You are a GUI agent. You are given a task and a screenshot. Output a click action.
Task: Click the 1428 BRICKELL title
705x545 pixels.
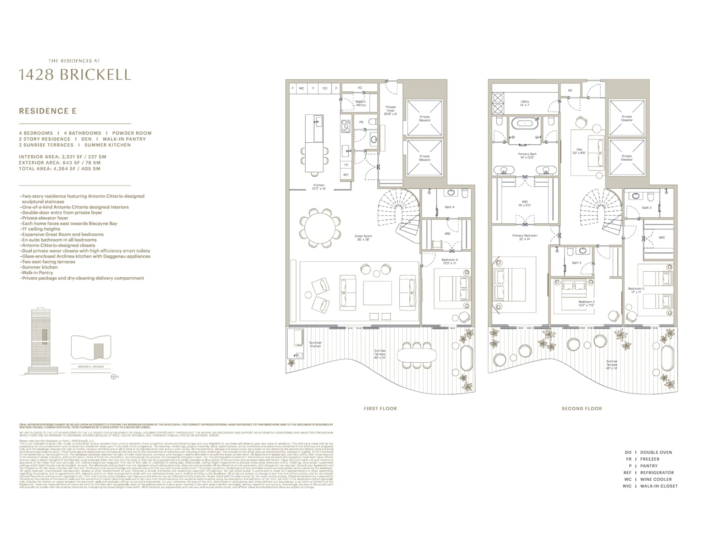click(74, 74)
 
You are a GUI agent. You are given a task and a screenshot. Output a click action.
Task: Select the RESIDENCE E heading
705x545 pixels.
click(47, 111)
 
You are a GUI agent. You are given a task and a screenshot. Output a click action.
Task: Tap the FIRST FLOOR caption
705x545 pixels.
click(380, 408)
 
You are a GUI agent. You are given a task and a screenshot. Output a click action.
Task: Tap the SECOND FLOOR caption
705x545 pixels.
click(582, 408)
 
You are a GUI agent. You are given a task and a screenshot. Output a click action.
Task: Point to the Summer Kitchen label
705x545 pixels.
click(315, 344)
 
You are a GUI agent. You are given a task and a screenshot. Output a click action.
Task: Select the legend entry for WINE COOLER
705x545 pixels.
click(649, 479)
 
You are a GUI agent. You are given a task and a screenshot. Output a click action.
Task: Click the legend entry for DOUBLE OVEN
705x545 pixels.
click(649, 452)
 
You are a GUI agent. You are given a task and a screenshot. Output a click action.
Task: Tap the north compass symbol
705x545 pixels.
click(113, 376)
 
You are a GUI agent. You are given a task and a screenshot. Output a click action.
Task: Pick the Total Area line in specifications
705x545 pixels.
click(60, 169)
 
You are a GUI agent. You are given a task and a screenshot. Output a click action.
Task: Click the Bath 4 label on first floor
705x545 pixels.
click(449, 207)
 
